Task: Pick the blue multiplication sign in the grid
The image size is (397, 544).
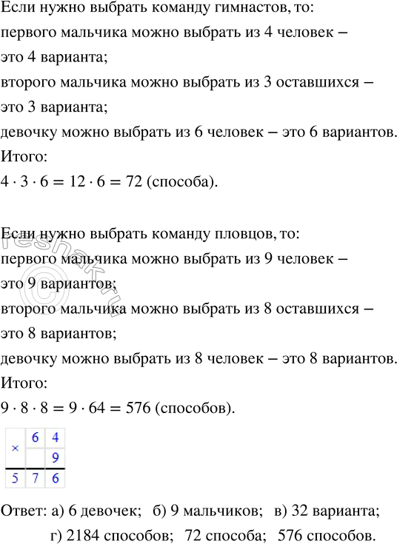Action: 15,449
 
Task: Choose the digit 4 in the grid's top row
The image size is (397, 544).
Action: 55,438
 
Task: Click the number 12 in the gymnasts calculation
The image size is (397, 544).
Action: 76,184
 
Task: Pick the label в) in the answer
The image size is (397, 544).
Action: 281,511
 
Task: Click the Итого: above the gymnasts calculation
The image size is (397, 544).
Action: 24,157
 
